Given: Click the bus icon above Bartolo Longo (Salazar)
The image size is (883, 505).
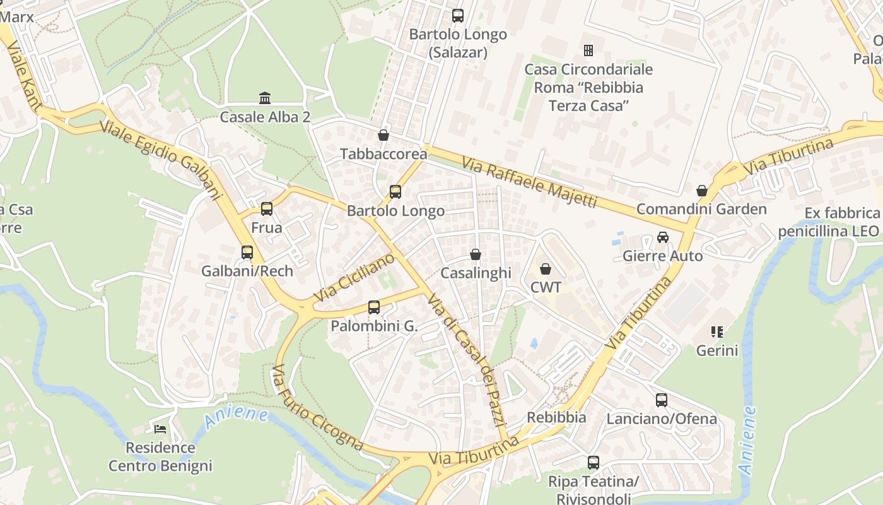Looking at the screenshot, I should pyautogui.click(x=458, y=16).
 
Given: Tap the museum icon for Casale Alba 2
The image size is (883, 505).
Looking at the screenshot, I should pyautogui.click(x=265, y=98).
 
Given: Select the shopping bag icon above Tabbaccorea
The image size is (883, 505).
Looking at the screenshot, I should pyautogui.click(x=383, y=135).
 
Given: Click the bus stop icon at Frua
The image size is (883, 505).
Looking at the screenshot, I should pyautogui.click(x=267, y=209).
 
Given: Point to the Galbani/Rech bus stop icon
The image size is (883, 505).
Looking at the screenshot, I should pyautogui.click(x=247, y=252).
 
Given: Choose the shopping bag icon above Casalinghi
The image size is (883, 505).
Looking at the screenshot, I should pyautogui.click(x=476, y=254).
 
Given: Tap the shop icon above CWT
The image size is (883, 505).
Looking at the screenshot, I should pyautogui.click(x=546, y=269).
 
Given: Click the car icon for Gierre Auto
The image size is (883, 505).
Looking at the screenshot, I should pyautogui.click(x=662, y=237).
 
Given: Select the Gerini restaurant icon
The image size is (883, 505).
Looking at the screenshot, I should pyautogui.click(x=716, y=331).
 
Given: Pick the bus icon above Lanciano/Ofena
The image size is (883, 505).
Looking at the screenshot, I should pyautogui.click(x=662, y=400).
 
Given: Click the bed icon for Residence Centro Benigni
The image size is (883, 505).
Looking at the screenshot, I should pyautogui.click(x=160, y=429).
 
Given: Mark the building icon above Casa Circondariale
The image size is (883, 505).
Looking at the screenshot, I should pyautogui.click(x=588, y=50).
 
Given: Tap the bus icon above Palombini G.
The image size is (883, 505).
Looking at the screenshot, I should pyautogui.click(x=374, y=307).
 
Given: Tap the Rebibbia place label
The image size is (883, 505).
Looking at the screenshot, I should pyautogui.click(x=556, y=417).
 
